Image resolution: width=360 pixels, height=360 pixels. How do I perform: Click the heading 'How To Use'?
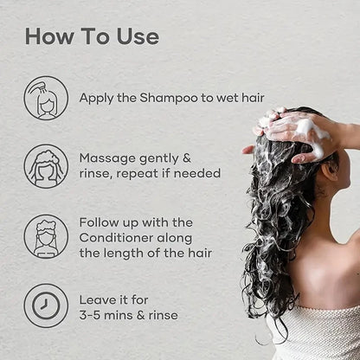[x=92, y=36]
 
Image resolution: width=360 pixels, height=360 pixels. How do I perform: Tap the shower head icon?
[x=46, y=97]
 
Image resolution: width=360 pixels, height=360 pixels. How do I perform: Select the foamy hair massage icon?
[x=46, y=166]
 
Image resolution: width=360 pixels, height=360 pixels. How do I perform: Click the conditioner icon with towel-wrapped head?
[x=46, y=236]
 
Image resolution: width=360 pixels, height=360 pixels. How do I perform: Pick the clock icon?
[x=46, y=305]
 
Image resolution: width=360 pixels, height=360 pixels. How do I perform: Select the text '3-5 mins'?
[x=108, y=315]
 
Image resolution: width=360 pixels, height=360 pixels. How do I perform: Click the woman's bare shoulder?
[x=333, y=277]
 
